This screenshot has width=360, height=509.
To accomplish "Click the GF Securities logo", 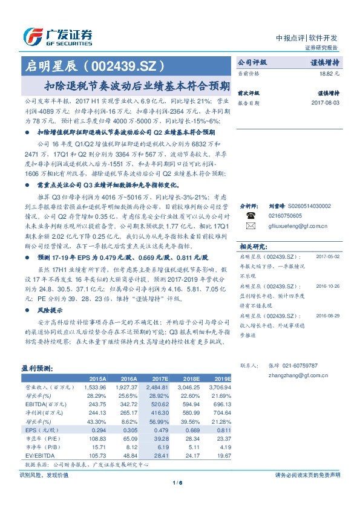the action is click(57, 37).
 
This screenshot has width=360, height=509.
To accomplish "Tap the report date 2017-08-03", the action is click(327, 103).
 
